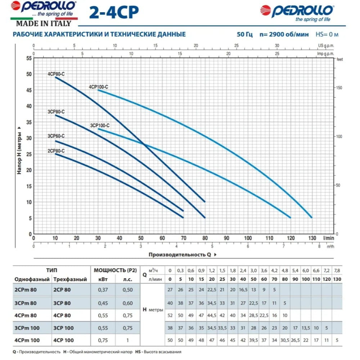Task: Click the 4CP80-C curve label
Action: (x=56, y=74)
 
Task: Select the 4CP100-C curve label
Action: (x=98, y=87)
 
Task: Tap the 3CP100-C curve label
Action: (x=100, y=125)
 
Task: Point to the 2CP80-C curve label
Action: (x=56, y=151)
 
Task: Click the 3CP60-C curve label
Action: (x=56, y=136)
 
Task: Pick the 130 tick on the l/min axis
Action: (x=312, y=238)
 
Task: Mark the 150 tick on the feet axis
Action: (x=339, y=88)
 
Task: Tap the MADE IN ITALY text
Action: (x=43, y=24)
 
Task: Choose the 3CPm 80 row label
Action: (x=25, y=303)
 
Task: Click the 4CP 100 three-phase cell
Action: (x=63, y=340)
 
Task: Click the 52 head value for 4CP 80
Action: (x=170, y=315)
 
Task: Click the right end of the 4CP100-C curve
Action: (x=311, y=217)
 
